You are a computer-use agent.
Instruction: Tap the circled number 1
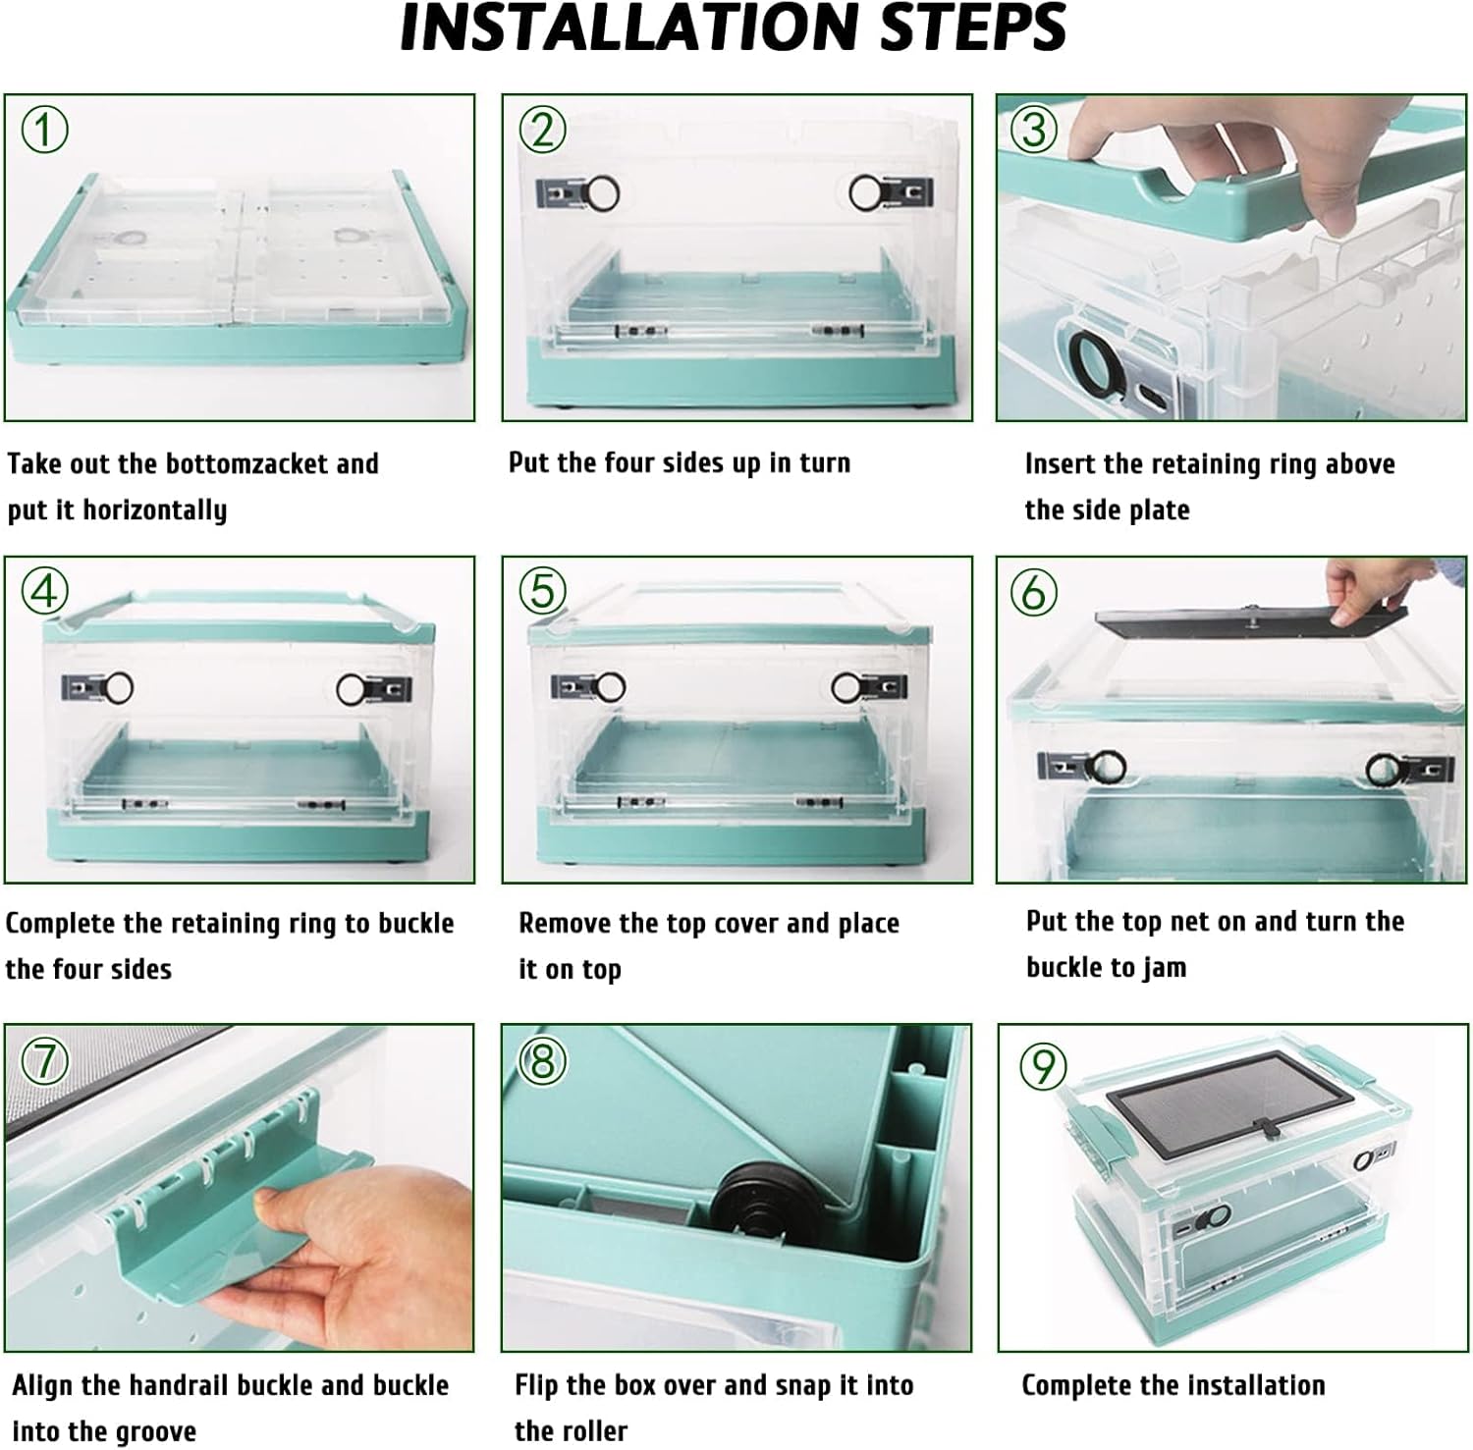pyautogui.click(x=45, y=129)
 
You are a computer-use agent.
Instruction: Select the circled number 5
pyautogui.click(x=543, y=591)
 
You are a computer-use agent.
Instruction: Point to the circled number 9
pyautogui.click(x=1043, y=1065)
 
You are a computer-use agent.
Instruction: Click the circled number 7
pyautogui.click(x=45, y=1060)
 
